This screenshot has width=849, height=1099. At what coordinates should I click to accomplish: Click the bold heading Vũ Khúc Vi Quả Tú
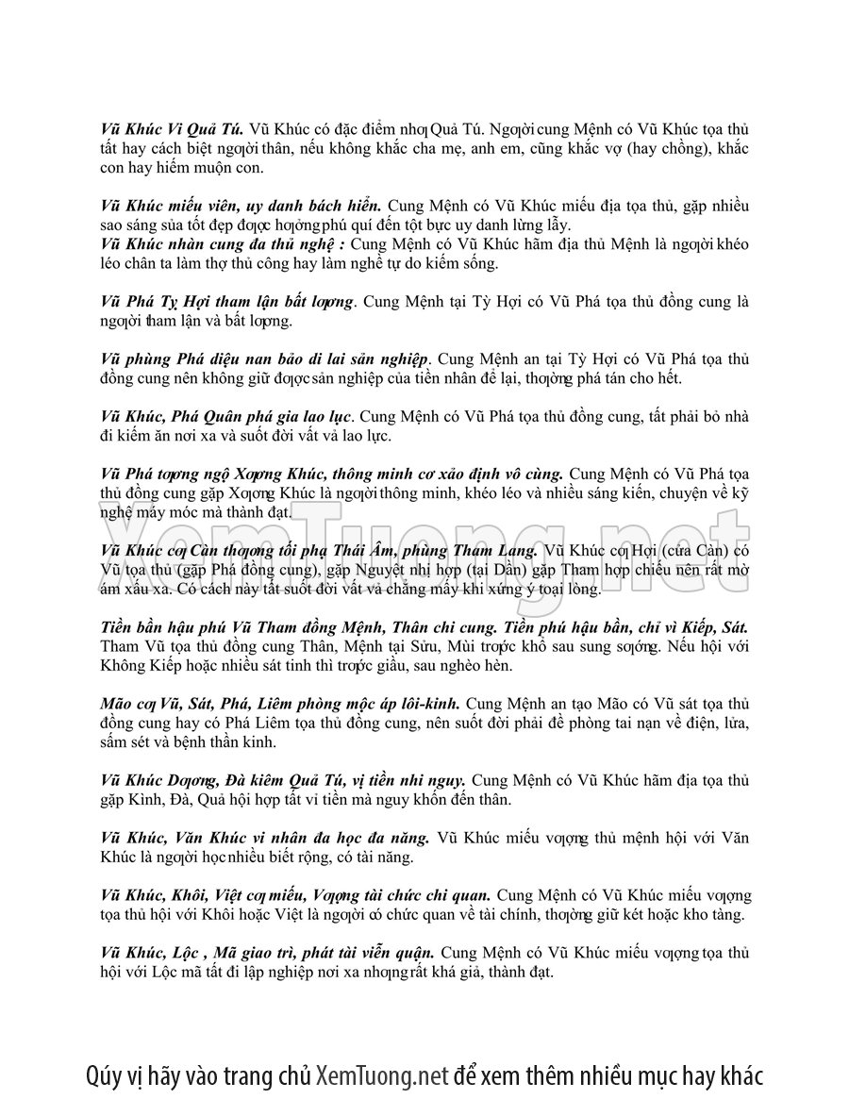point(173,130)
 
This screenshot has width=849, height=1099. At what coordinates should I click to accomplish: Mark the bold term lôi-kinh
point(428,703)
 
